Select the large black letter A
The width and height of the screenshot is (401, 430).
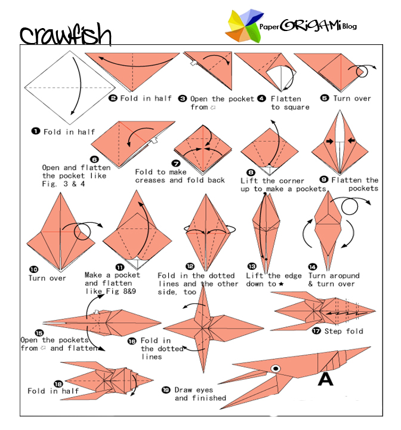(325, 379)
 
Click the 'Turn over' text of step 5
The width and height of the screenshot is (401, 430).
(351, 99)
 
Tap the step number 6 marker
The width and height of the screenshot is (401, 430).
(94, 159)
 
